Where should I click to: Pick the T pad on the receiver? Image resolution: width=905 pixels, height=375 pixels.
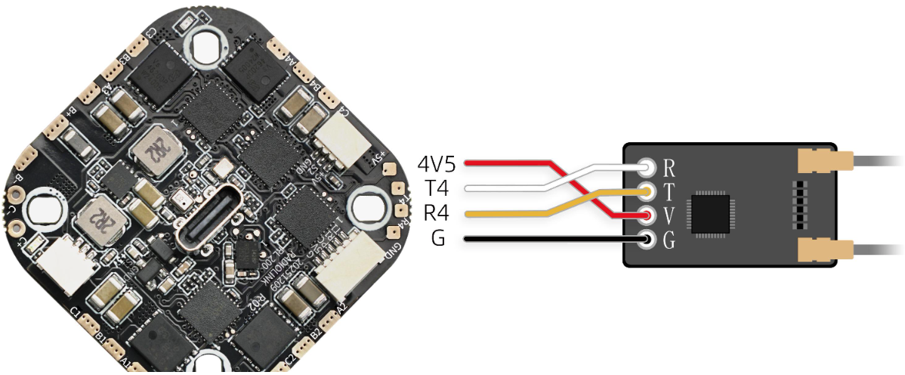click(647, 191)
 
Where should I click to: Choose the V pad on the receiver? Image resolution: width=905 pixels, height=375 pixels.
click(647, 216)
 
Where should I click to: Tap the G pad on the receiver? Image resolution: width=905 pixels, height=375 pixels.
click(647, 241)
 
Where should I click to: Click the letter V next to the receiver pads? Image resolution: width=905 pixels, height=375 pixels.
click(669, 216)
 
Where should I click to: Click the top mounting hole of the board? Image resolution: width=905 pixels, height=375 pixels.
click(205, 46)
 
